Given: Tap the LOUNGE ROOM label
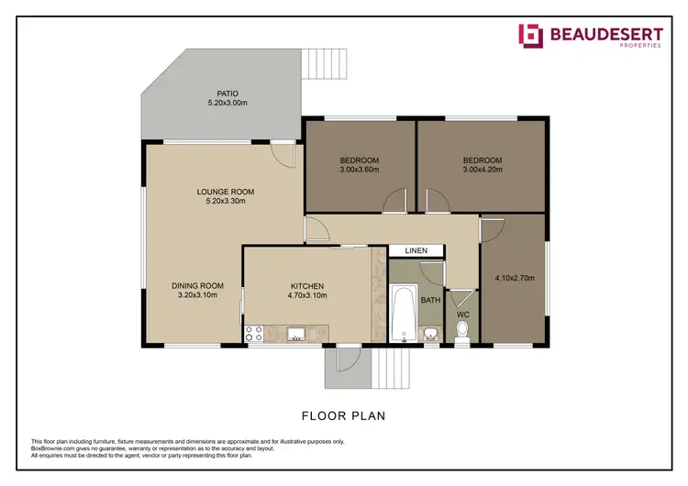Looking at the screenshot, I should [x=225, y=192].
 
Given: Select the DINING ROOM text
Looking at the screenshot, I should [x=197, y=285].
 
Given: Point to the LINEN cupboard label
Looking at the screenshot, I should [x=416, y=250].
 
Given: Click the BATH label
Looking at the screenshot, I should [x=429, y=299].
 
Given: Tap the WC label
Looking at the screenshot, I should [x=462, y=315].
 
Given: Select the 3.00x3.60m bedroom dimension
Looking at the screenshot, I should [x=359, y=170].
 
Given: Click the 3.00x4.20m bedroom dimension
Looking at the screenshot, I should [x=482, y=170].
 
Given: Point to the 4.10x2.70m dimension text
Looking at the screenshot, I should [x=514, y=278].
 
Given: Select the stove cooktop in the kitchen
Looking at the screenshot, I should [x=254, y=334].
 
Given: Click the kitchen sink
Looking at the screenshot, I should [x=296, y=334].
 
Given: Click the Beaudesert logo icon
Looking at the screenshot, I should [x=530, y=36].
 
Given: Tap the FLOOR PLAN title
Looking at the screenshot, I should [x=343, y=415].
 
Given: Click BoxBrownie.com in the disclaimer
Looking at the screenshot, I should [x=54, y=448].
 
